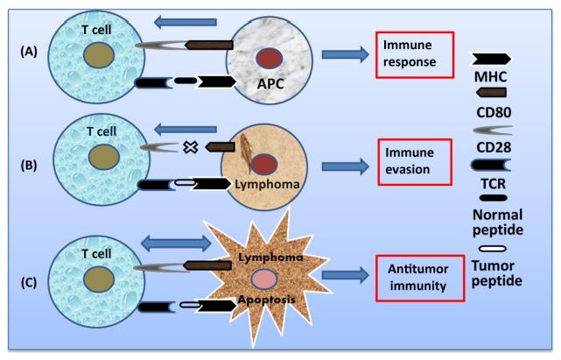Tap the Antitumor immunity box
(416, 277)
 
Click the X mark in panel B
(186, 147)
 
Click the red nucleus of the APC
(269, 58)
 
